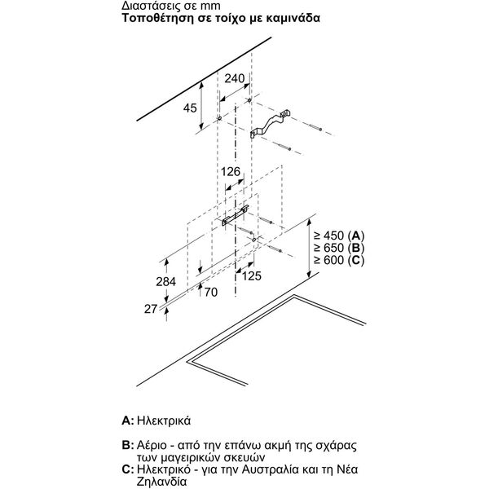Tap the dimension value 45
coord(189,108)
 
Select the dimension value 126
coord(232,172)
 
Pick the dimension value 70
coord(211,291)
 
